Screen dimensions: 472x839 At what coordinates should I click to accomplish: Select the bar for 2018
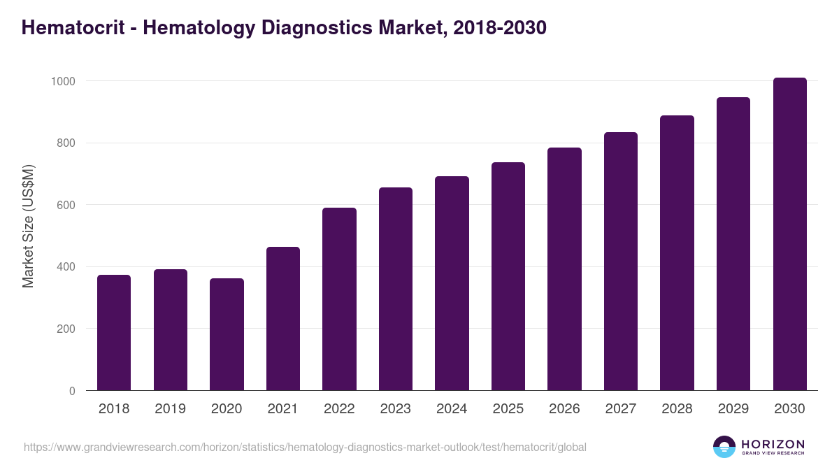pos(114,333)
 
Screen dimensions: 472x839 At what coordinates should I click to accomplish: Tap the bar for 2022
pos(339,299)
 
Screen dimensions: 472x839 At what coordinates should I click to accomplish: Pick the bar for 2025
pos(508,276)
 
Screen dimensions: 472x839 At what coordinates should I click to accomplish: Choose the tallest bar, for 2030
pos(789,234)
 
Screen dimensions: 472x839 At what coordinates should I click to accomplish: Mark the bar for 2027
pos(621,262)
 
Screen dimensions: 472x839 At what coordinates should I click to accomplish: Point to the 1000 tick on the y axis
pos(63,81)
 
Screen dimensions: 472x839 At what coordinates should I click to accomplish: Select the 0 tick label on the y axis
pos(72,391)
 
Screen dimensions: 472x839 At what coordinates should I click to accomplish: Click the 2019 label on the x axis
pos(171,409)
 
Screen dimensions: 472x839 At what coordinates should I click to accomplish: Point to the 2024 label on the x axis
pos(452,409)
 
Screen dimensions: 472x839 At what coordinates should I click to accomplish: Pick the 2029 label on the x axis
pos(733,409)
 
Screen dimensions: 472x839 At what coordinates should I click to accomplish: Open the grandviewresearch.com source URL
pos(305,447)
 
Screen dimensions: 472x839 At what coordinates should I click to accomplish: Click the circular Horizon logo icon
pos(724,447)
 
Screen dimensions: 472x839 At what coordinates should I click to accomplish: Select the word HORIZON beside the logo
pos(773,444)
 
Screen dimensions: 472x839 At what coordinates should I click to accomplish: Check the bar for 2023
pos(396,289)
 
